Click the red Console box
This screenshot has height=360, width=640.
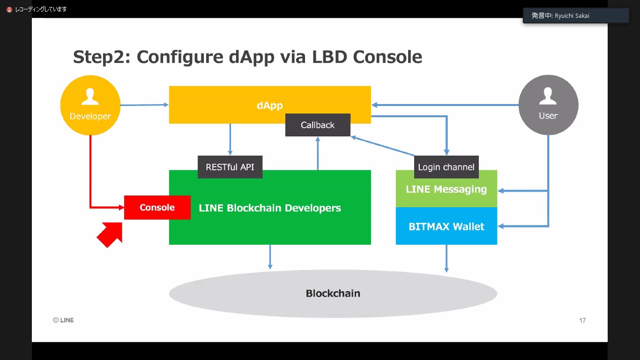coord(157,208)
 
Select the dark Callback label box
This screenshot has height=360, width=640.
coord(318,125)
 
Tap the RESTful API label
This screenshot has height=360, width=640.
coord(230,167)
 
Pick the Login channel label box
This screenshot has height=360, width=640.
coord(446,167)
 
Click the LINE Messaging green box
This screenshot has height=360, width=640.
coord(446,189)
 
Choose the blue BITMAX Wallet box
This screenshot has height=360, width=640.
coord(446,226)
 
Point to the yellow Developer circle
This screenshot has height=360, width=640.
coord(90,105)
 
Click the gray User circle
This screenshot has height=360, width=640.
coord(548,105)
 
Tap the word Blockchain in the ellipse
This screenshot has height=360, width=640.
coord(333,293)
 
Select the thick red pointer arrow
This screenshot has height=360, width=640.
coord(111,234)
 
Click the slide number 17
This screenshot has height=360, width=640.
coord(582,321)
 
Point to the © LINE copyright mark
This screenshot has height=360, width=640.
coord(63,320)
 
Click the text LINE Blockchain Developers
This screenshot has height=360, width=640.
coord(270,208)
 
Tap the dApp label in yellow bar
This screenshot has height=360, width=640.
coord(269,105)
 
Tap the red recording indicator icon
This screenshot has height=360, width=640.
coord(9,9)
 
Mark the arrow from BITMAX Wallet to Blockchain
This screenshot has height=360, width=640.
coord(446,258)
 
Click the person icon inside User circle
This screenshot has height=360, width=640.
coord(548,97)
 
